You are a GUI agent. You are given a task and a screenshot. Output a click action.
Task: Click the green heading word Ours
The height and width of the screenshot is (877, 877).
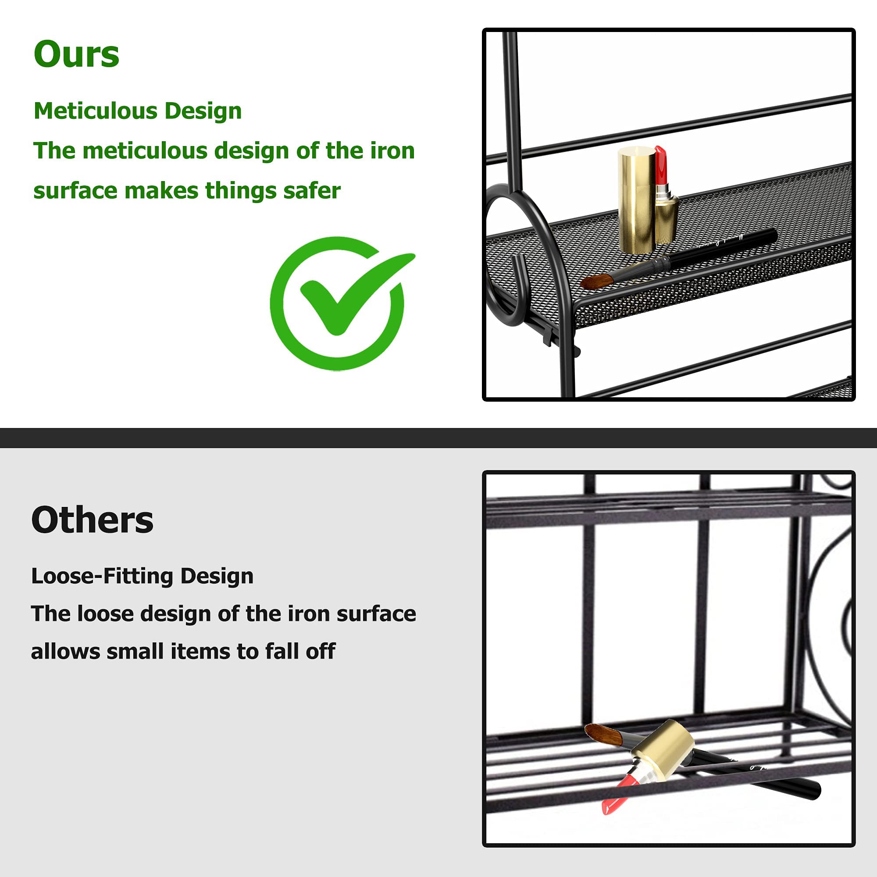76,54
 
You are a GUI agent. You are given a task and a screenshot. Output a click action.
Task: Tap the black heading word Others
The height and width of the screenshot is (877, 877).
92,520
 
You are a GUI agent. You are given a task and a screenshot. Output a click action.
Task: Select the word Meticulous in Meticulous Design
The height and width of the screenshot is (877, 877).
95,111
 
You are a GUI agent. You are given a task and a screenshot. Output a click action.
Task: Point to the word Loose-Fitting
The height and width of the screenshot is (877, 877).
102,577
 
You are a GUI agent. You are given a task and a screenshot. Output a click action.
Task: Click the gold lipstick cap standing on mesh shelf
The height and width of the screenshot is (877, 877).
635,200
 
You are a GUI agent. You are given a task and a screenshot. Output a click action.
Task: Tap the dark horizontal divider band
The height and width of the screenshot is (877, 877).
438,438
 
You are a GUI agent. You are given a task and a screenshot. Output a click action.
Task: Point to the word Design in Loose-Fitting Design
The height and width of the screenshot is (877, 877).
217,577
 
